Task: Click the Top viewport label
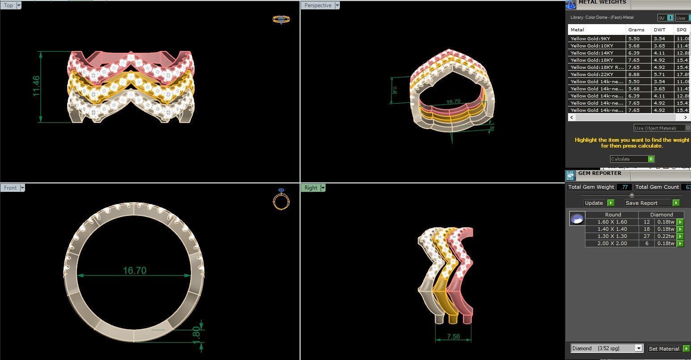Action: click(x=8, y=5)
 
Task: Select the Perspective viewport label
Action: click(x=318, y=5)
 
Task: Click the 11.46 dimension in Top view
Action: click(x=36, y=86)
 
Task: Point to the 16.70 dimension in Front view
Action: click(x=134, y=271)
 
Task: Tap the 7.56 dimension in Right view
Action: click(x=453, y=336)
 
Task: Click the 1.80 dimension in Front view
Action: click(x=197, y=335)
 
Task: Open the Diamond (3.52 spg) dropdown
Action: click(x=606, y=348)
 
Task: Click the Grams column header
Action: click(x=636, y=30)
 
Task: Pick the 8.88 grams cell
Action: click(x=634, y=74)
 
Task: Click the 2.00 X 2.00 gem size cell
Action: click(x=612, y=243)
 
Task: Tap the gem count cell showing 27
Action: click(x=646, y=236)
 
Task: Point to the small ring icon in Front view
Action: click(x=281, y=199)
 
